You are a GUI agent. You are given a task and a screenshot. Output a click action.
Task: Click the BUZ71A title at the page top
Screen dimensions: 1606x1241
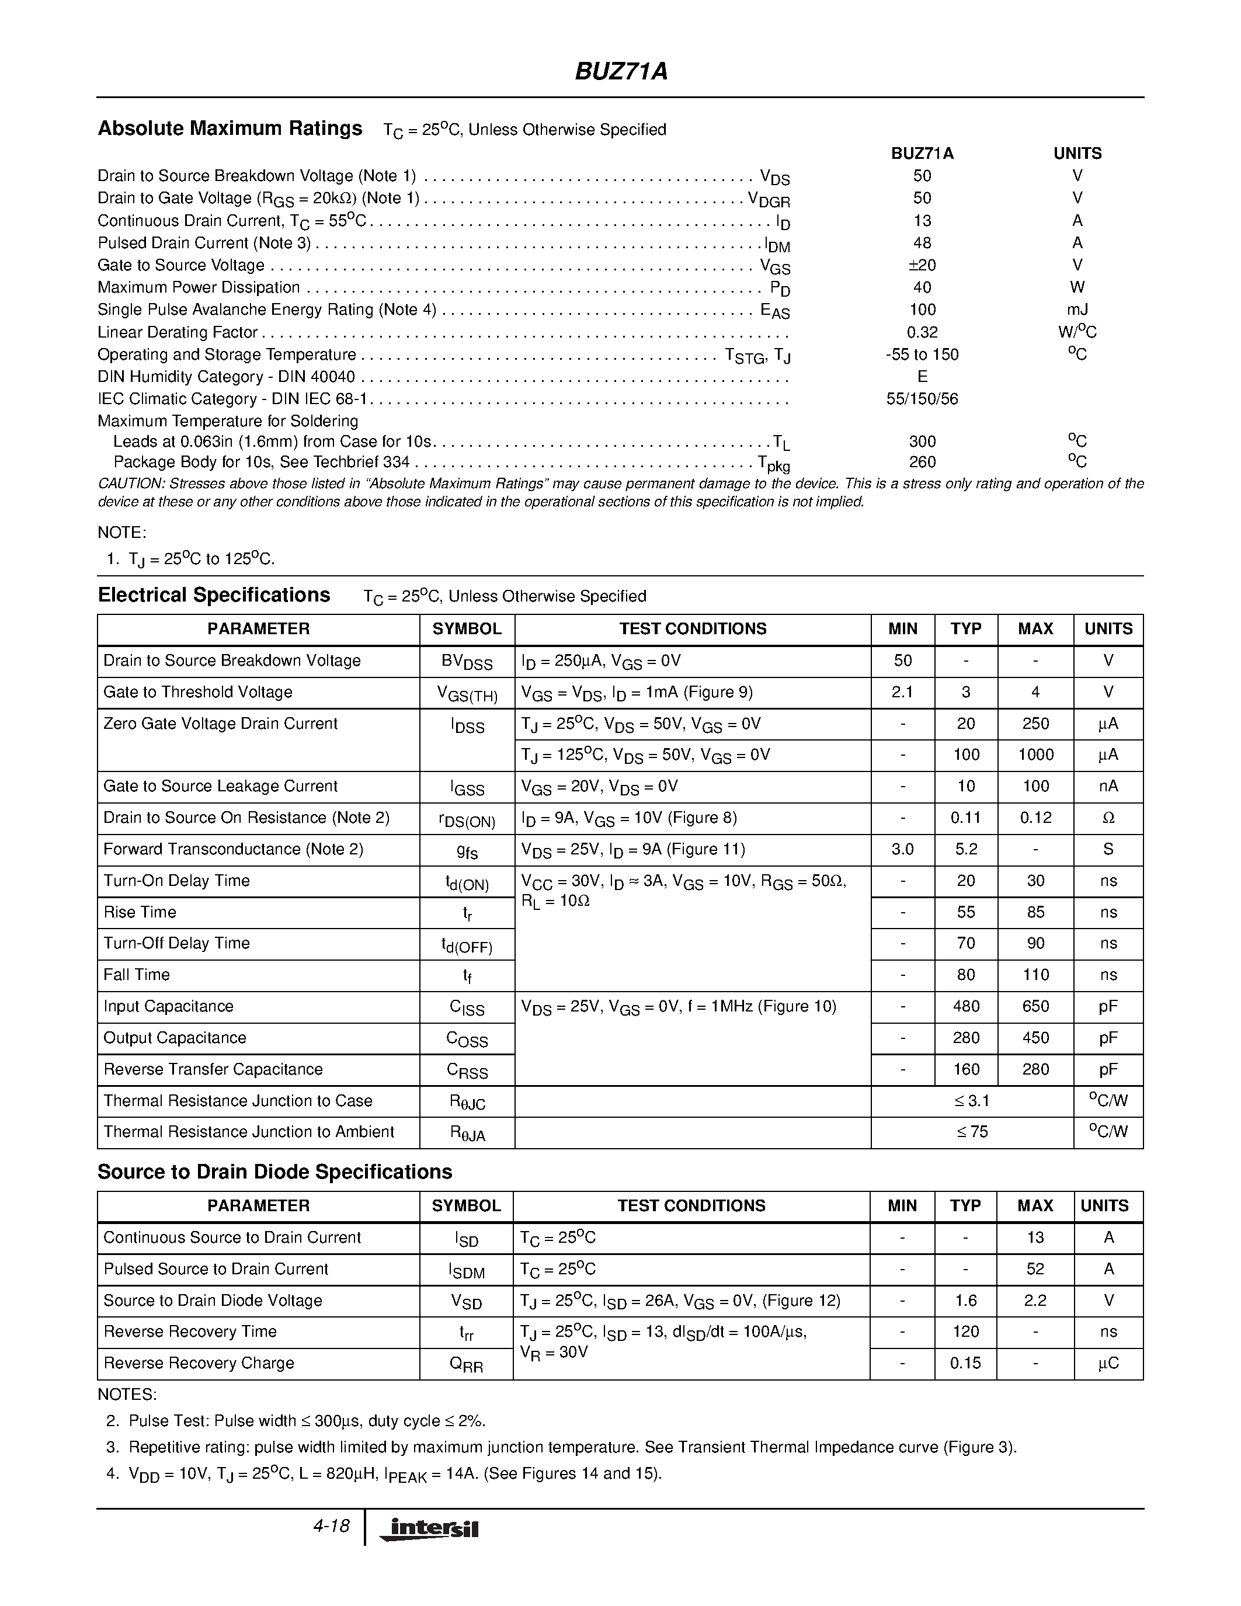620,71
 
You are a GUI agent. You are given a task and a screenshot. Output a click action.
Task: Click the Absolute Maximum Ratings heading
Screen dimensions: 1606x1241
230,128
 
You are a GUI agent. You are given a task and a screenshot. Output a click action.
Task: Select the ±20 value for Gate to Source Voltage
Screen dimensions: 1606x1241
922,265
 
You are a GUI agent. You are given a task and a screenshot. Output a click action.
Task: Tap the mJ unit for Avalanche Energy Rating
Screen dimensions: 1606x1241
1077,310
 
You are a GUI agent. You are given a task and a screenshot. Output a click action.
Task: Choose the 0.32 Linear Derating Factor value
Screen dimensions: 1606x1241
922,332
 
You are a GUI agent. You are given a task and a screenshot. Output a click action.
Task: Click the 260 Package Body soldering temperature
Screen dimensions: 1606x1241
922,462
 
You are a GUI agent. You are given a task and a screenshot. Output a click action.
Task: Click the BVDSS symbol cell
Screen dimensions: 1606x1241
467,662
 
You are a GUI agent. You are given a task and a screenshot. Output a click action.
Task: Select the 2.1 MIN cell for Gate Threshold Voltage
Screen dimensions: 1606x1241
902,692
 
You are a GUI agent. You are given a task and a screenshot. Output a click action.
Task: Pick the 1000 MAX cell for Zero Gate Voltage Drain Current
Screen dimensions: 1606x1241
1035,755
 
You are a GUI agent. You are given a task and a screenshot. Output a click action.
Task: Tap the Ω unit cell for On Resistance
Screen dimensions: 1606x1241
1108,818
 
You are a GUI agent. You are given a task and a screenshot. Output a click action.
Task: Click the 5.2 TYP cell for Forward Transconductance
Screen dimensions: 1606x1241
965,849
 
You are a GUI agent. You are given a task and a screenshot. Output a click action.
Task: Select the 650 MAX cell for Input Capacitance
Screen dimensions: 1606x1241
1035,1006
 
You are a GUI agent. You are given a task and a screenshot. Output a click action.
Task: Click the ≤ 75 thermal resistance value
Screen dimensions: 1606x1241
972,1132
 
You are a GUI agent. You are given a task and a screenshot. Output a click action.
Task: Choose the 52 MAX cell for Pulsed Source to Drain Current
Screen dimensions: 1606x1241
1035,1268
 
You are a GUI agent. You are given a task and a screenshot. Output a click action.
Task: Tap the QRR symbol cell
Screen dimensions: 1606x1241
466,1364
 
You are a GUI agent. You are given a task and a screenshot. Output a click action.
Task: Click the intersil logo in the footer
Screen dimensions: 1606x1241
429,1529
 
